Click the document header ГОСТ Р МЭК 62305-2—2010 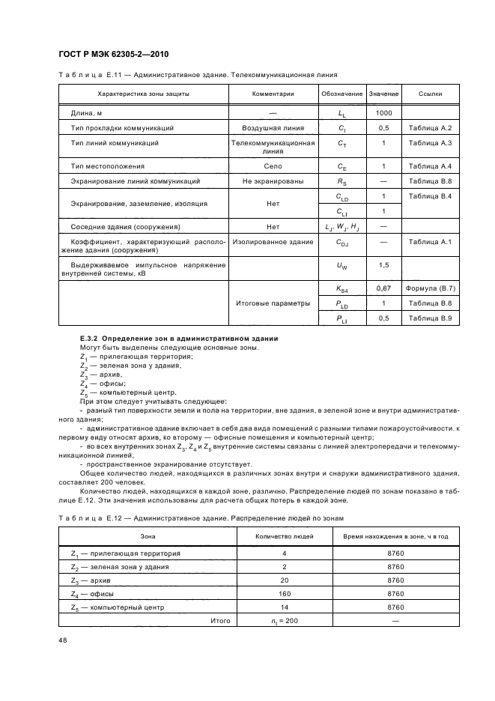pos(107,54)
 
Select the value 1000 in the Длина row pos(383,112)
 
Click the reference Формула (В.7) pos(431,288)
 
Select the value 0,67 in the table pos(383,288)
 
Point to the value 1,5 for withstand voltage pos(383,265)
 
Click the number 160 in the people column pos(284,593)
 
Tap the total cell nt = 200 pos(284,620)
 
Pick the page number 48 pos(62,640)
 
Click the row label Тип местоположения pos(107,166)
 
